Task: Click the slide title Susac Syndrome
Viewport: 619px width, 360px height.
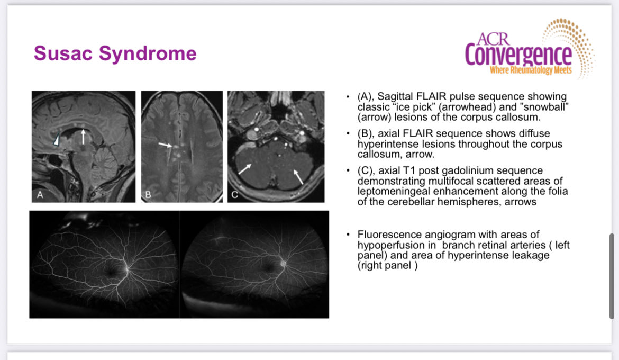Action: pyautogui.click(x=115, y=53)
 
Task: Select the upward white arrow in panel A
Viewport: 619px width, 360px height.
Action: pyautogui.click(x=83, y=136)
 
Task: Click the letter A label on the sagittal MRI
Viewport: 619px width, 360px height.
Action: pyautogui.click(x=40, y=195)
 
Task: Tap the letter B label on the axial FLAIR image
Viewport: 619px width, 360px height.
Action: pyautogui.click(x=148, y=195)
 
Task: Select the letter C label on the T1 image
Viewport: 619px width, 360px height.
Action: pyautogui.click(x=235, y=195)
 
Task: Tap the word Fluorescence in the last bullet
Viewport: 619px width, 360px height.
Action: pyautogui.click(x=387, y=235)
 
